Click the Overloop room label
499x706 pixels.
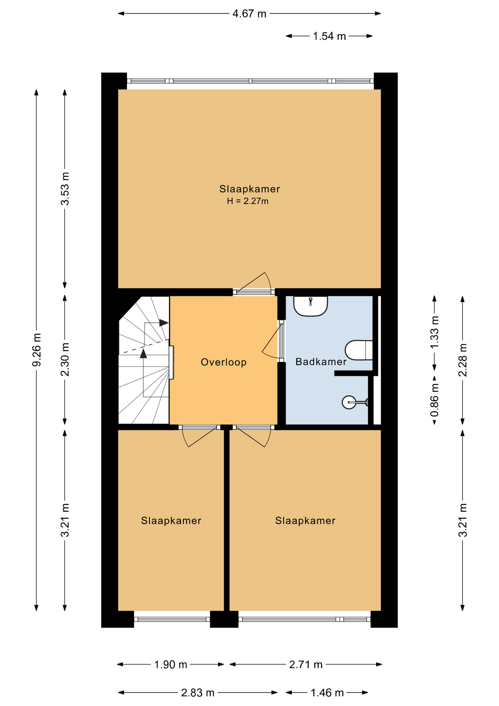223,362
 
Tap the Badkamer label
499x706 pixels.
321,362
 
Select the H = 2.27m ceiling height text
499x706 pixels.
248,201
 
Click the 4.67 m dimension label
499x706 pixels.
250,14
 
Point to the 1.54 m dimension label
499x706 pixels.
329,36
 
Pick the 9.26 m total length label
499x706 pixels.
37,350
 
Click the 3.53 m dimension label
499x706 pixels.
65,189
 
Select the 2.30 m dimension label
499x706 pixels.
65,360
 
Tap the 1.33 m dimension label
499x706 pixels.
435,332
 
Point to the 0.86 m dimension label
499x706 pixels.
435,400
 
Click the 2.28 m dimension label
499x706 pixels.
463,360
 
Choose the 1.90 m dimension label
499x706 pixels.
170,665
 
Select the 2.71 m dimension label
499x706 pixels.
306,665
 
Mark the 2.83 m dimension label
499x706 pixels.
198,693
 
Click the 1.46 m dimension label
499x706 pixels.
327,693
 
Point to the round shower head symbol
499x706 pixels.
349,402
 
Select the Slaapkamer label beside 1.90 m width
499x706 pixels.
171,521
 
